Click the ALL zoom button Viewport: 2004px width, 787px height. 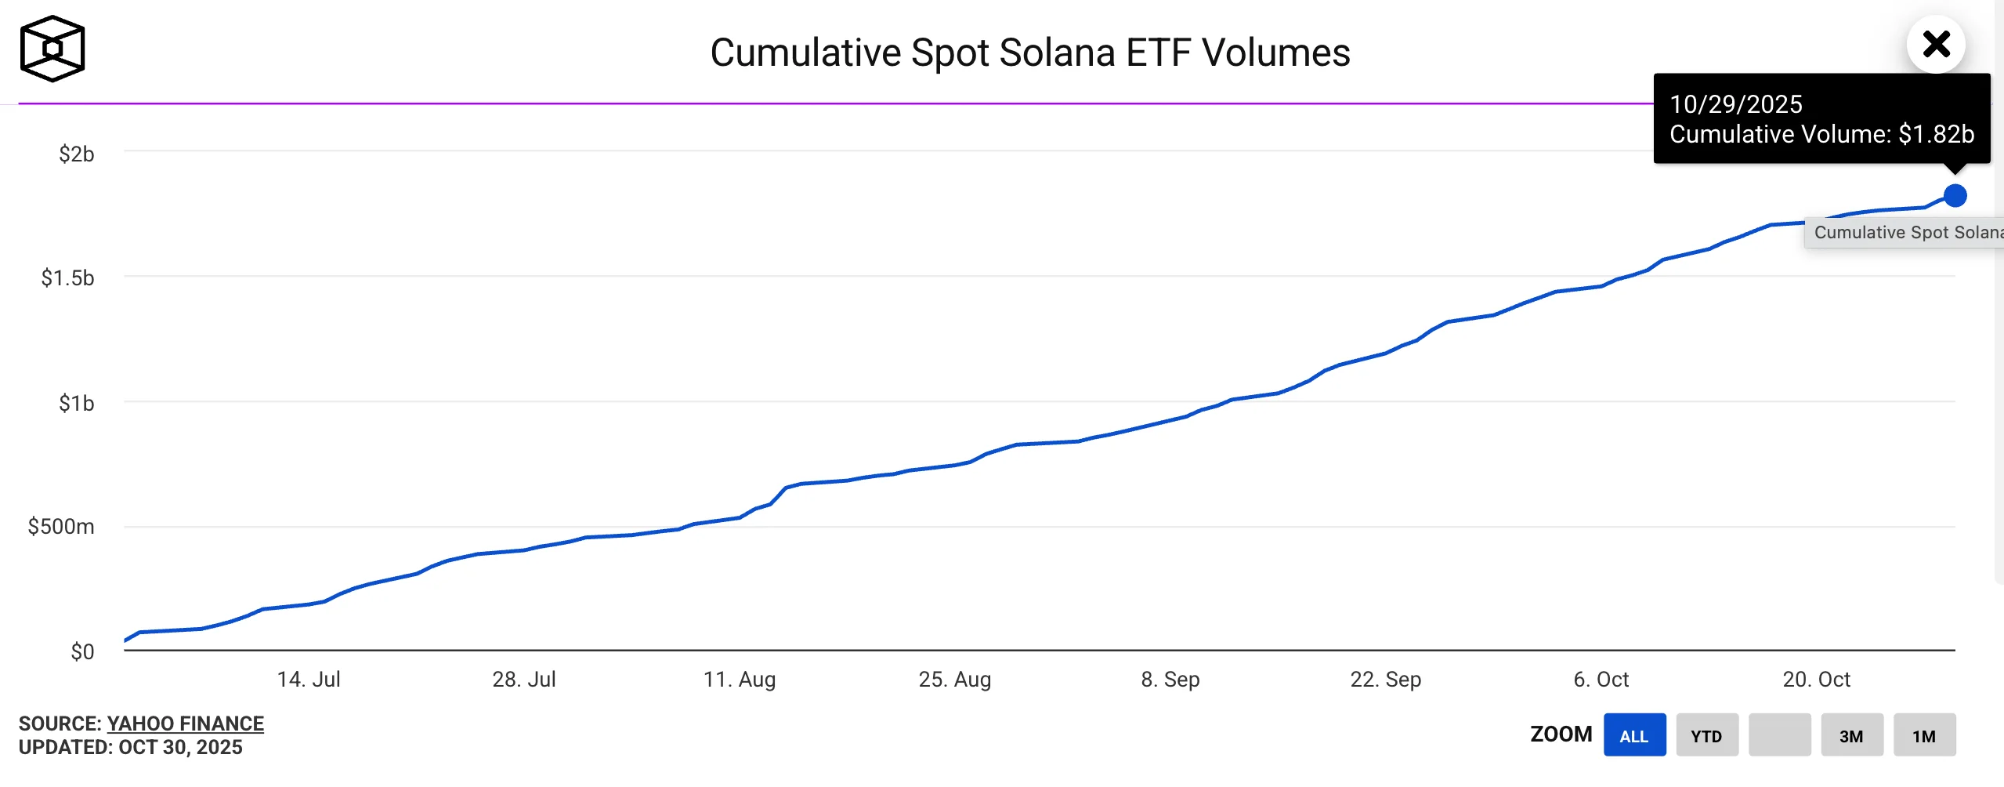coord(1634,735)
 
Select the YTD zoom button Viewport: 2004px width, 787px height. coord(1706,735)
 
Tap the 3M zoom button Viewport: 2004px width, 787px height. coord(1851,735)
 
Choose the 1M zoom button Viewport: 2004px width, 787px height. coord(1924,735)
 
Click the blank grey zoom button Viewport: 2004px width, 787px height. coord(1779,735)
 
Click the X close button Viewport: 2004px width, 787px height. coord(1936,45)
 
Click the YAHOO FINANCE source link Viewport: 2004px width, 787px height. coord(185,724)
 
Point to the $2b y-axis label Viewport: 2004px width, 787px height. coord(76,154)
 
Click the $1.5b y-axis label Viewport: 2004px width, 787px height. coord(67,277)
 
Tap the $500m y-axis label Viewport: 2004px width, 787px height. coord(61,526)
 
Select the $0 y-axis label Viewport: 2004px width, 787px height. coord(82,651)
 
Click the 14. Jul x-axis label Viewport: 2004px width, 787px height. coord(309,679)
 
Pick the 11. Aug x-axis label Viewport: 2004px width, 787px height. coord(739,679)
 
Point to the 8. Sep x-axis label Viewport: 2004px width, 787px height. coord(1170,679)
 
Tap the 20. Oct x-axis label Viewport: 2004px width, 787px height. coord(1816,679)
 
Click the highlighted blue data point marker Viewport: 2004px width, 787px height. coord(1955,195)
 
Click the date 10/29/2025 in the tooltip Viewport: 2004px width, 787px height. coord(1736,104)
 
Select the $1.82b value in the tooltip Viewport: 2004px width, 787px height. coord(1936,134)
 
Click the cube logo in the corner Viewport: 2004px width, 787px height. coord(52,49)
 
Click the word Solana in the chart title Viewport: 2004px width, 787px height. coord(1057,53)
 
